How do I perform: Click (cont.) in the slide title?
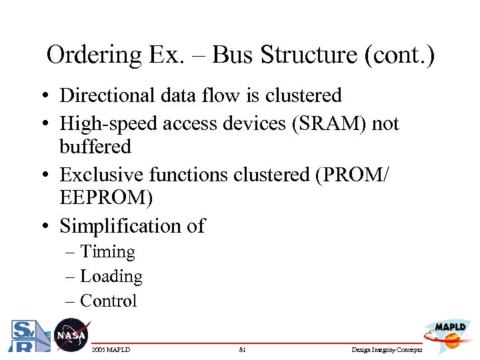[x=399, y=55]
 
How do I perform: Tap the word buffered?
[x=95, y=147]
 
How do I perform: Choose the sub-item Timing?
[x=107, y=252]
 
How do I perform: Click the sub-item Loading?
[x=111, y=276]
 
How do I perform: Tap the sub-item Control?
[x=108, y=301]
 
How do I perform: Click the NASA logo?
[x=71, y=335]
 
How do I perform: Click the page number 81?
[x=242, y=349]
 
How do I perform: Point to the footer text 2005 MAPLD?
[x=111, y=349]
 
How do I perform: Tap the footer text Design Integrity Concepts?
[x=387, y=349]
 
